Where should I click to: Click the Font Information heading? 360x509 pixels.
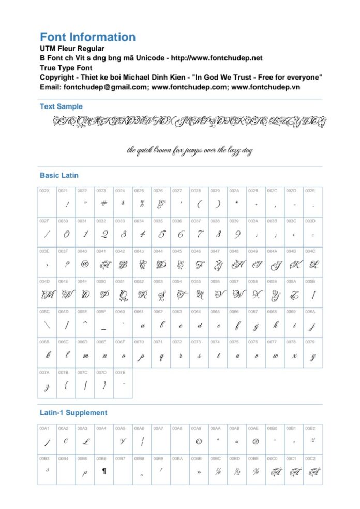(87, 37)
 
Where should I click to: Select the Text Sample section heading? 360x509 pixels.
(61, 106)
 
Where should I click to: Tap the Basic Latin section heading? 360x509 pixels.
(59, 175)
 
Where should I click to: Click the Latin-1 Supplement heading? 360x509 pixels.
(73, 413)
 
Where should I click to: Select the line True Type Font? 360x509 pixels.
(67, 68)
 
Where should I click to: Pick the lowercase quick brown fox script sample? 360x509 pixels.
(190, 150)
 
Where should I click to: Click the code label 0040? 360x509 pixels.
(82, 251)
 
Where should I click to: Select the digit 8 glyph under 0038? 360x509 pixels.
(218, 235)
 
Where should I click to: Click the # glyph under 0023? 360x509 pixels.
(103, 204)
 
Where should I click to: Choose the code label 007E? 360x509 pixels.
(120, 372)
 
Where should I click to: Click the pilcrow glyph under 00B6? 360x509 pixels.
(104, 471)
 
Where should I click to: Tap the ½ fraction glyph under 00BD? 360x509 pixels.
(237, 471)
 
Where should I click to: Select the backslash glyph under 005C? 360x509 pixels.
(47, 326)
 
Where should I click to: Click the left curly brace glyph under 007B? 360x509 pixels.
(66, 385)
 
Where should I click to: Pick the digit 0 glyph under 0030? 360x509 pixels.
(66, 235)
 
